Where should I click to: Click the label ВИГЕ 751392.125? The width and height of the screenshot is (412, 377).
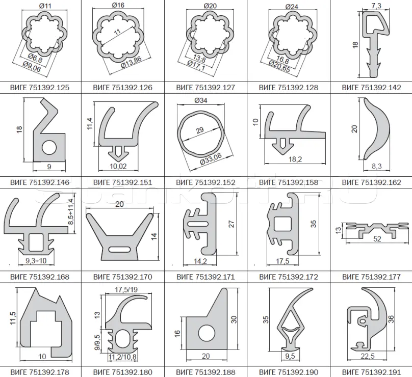tap(40, 88)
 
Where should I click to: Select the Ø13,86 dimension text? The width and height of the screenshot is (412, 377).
tap(132, 62)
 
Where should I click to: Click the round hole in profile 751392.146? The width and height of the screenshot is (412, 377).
tap(49, 148)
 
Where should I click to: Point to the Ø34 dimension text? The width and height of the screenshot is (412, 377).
tap(201, 100)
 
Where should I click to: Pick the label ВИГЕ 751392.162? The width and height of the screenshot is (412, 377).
tap(372, 182)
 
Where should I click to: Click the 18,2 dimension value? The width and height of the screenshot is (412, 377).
tap(295, 159)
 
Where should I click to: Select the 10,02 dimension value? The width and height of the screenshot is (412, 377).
tap(118, 166)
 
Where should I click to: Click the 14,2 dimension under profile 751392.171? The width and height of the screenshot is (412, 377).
tap(200, 261)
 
